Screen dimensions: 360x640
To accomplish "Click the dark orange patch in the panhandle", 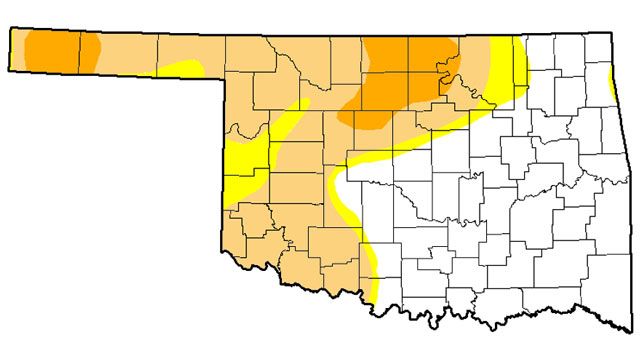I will [55, 50].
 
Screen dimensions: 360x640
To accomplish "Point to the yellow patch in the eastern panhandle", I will [185, 67].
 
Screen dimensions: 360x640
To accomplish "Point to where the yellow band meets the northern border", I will [515, 38].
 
